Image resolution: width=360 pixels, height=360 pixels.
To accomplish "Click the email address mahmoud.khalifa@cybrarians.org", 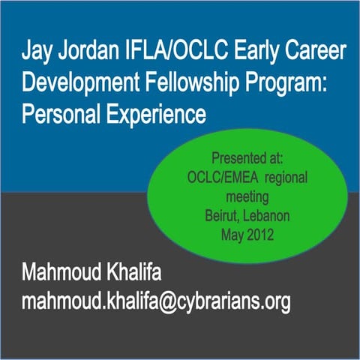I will click(x=156, y=302).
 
